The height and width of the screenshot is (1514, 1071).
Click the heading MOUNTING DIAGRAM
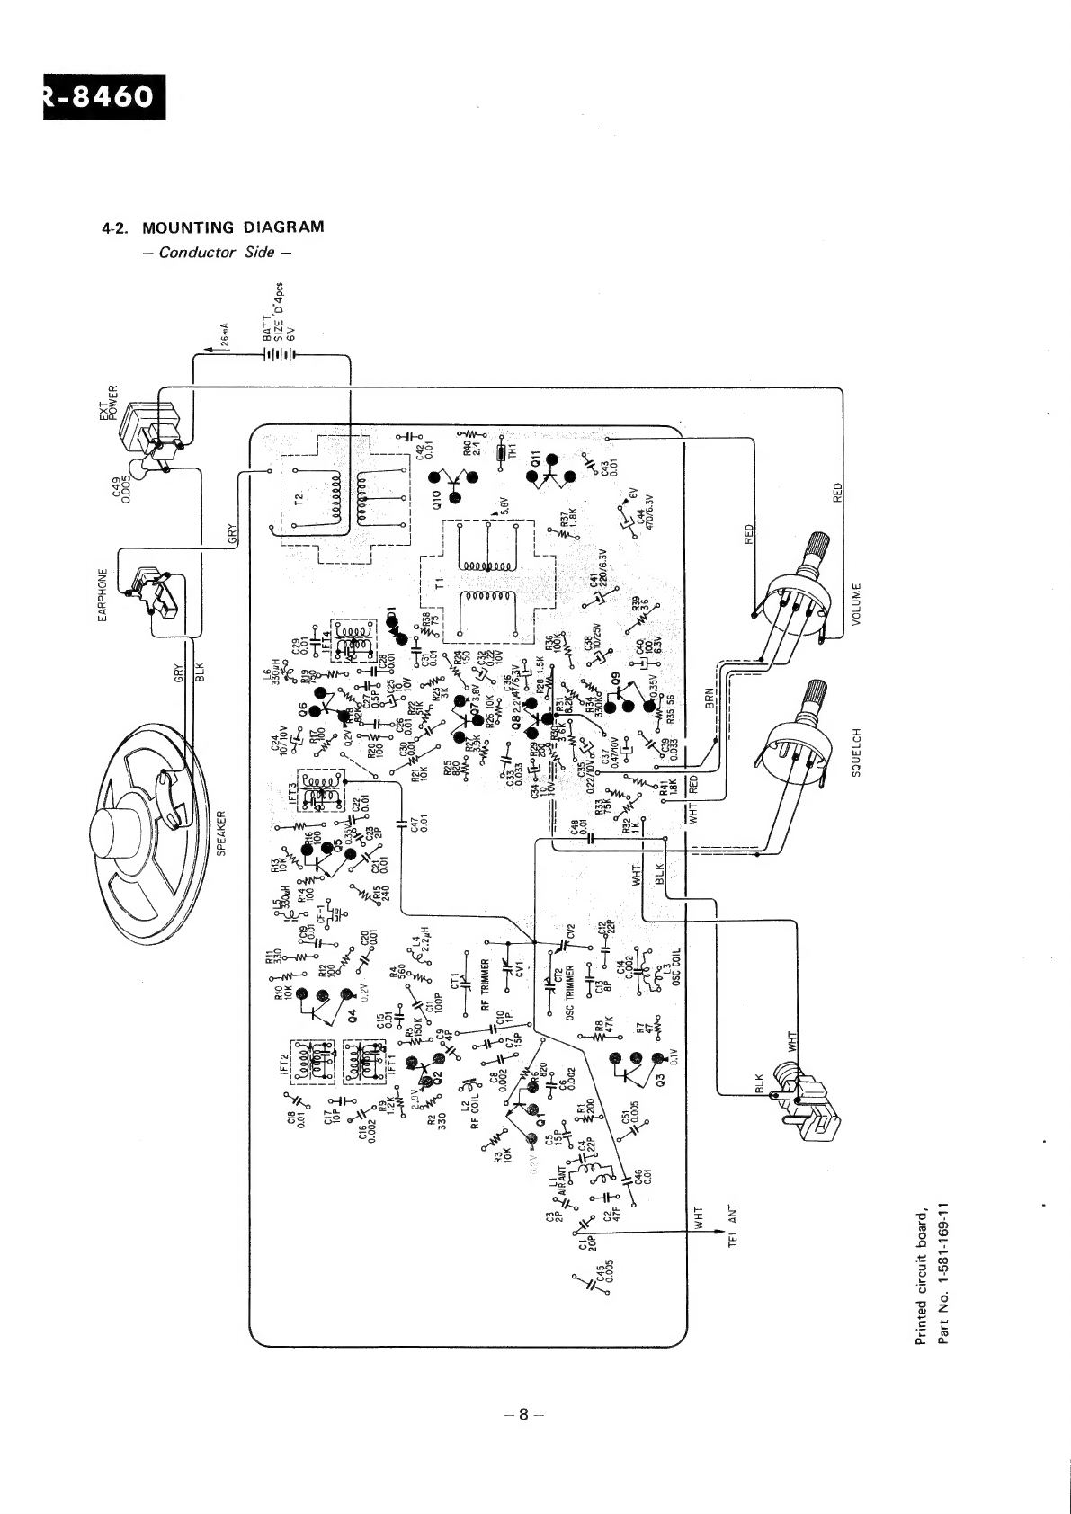click(x=233, y=227)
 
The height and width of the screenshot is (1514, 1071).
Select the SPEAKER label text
click(x=221, y=832)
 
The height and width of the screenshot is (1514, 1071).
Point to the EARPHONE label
click(x=103, y=594)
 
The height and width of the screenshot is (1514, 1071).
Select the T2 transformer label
click(x=303, y=498)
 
